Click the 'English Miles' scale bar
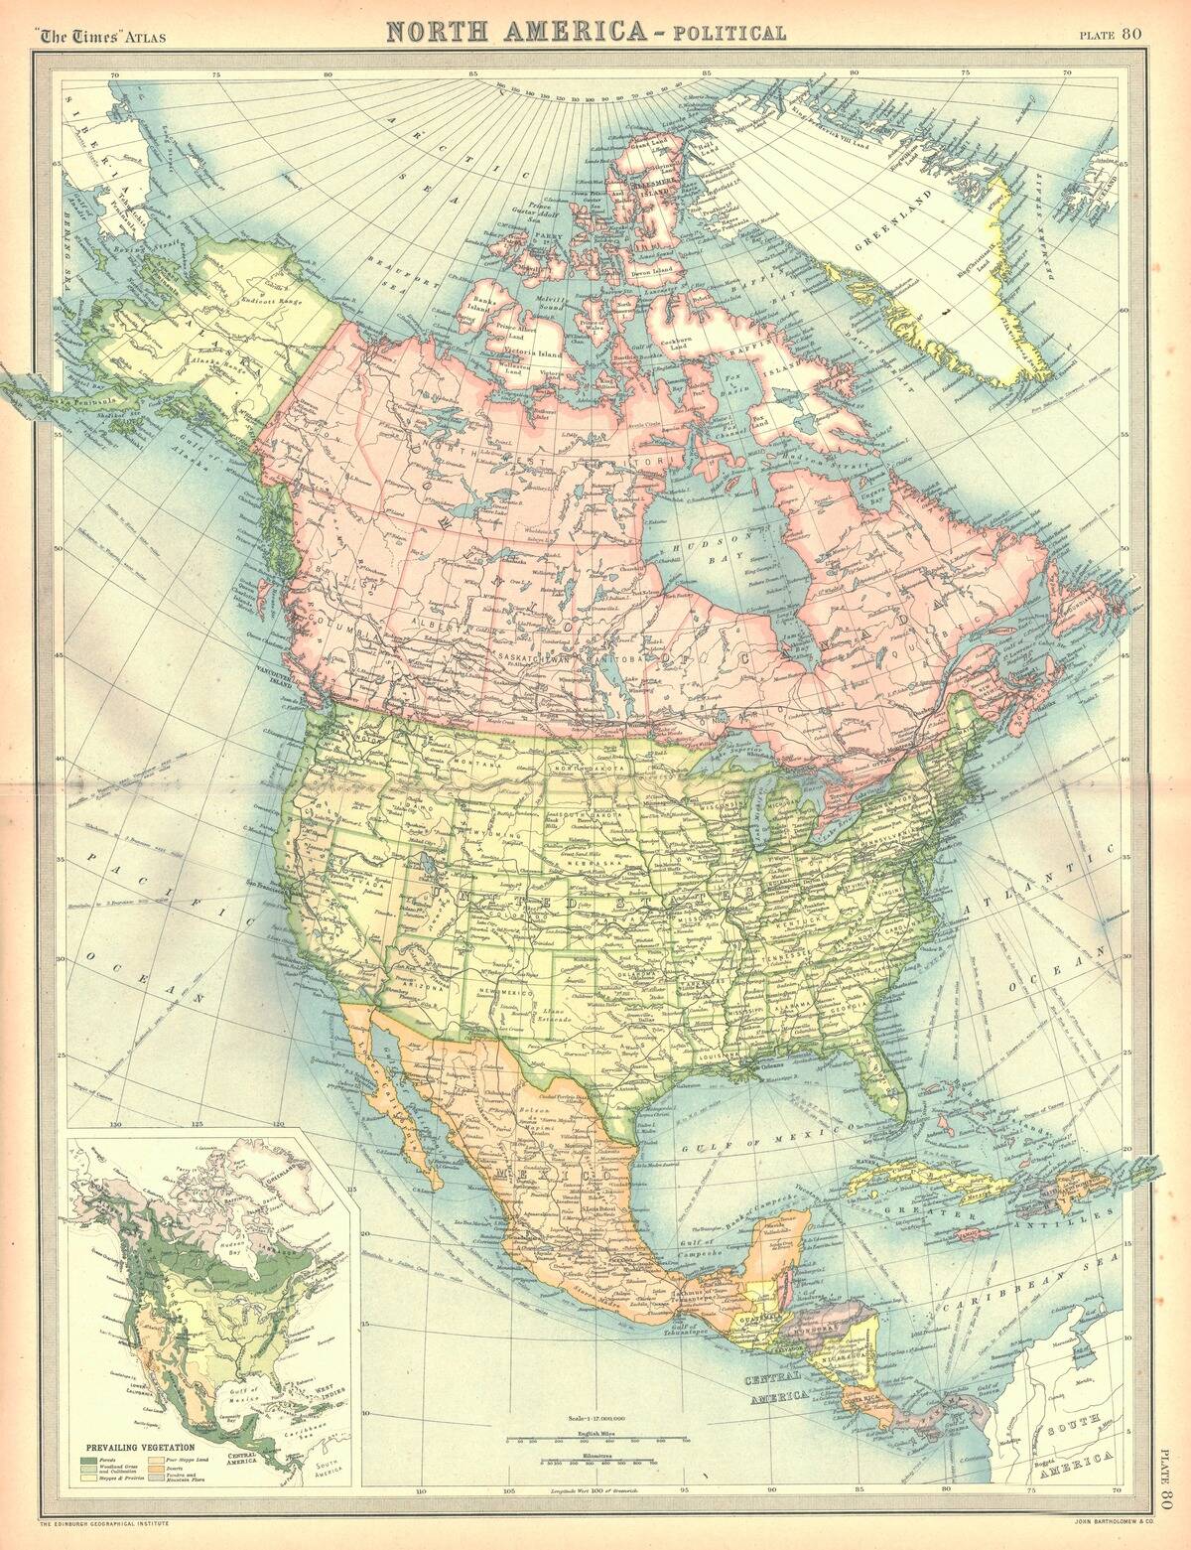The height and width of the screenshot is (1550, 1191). point(581,1437)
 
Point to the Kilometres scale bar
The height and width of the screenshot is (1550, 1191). point(581,1462)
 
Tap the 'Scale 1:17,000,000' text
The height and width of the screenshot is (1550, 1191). point(581,1419)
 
